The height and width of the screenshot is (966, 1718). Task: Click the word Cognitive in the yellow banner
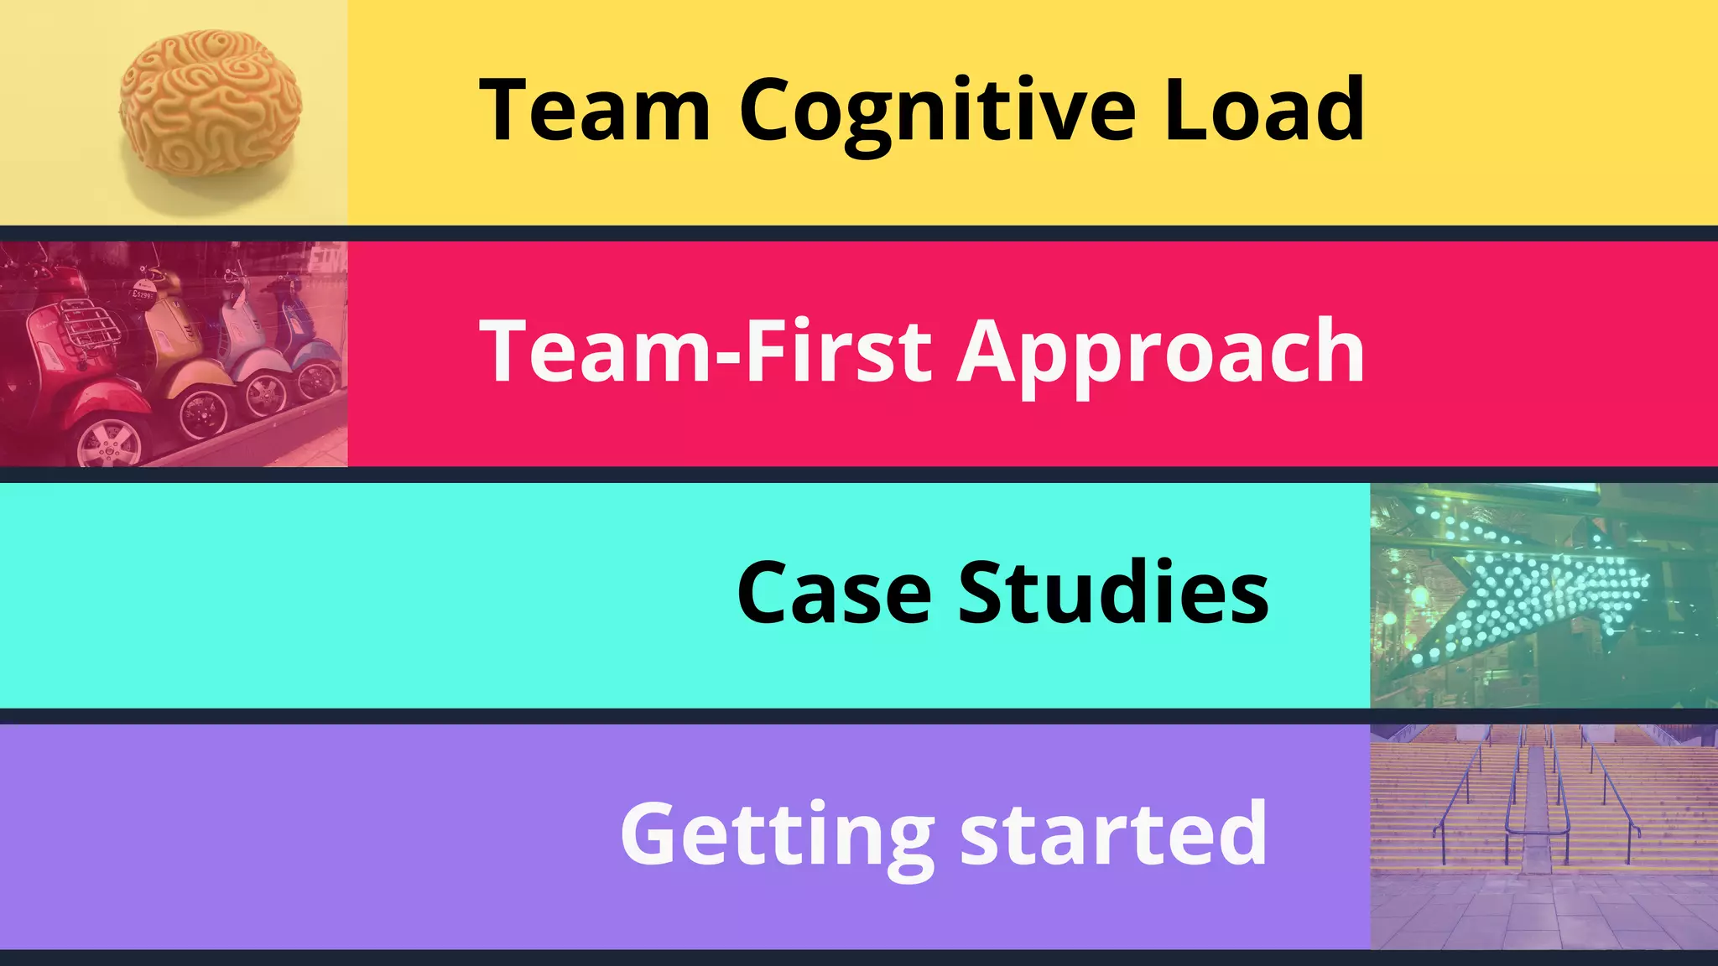click(937, 112)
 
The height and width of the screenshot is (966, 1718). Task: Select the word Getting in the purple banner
click(777, 835)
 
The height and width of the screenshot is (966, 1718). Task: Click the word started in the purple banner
click(1113, 834)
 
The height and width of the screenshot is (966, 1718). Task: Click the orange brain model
click(210, 102)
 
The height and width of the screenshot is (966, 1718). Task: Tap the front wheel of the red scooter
click(109, 441)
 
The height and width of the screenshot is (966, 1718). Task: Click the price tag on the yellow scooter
click(143, 295)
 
